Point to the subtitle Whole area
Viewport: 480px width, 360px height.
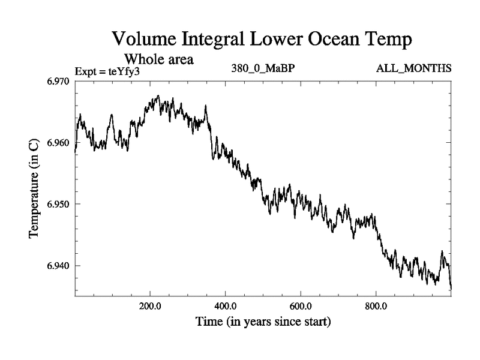(x=158, y=59)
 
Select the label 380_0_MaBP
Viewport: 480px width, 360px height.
(x=262, y=68)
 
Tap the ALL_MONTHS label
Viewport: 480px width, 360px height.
(x=414, y=68)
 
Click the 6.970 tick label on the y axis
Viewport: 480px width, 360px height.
(x=59, y=81)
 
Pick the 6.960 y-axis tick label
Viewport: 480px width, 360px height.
(x=59, y=143)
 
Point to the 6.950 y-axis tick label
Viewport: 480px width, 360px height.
(x=59, y=204)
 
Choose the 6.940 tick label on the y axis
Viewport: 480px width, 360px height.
(x=59, y=266)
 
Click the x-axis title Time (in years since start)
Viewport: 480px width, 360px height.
(x=263, y=322)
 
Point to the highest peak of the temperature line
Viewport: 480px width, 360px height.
(x=158, y=95)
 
